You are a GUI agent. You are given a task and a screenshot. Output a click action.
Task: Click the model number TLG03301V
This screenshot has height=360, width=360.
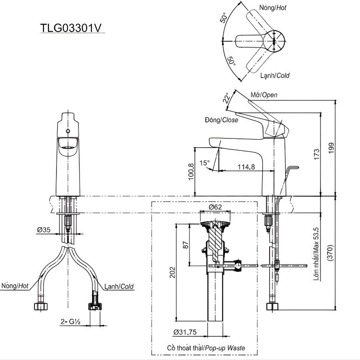[71, 28]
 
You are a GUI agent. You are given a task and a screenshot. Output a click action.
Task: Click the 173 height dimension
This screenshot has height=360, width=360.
[317, 154]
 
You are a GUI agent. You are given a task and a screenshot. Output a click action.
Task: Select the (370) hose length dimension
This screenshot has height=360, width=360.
[330, 253]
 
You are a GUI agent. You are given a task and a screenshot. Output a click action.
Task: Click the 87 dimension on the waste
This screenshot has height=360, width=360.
[185, 244]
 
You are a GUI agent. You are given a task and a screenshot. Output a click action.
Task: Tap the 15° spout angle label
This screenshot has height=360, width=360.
[204, 163]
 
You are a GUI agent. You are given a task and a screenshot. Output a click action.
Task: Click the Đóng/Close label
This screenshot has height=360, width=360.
[221, 120]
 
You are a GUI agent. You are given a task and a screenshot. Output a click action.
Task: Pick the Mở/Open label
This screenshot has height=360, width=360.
[264, 95]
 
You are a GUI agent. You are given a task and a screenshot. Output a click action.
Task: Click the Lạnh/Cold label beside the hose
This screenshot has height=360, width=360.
[119, 286]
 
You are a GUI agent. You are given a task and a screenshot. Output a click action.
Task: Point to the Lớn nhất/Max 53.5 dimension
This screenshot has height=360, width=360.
[316, 253]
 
